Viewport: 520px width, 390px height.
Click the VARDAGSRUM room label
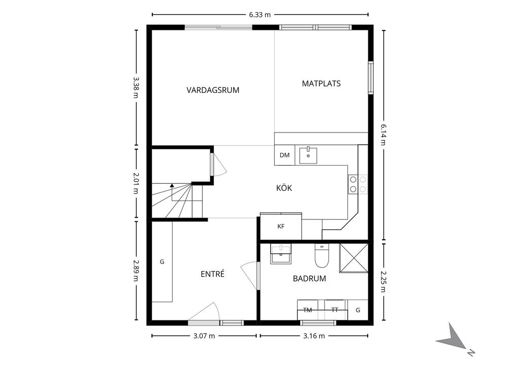(213, 90)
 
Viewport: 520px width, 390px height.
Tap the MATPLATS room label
(321, 83)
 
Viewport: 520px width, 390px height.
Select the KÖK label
(284, 188)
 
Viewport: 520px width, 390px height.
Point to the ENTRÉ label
(212, 274)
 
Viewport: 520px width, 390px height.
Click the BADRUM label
(309, 278)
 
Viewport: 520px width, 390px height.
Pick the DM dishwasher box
(284, 155)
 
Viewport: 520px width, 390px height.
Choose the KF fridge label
(281, 226)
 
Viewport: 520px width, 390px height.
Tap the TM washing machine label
(307, 310)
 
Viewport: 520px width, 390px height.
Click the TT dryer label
(335, 310)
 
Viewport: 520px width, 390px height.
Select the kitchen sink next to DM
(308, 155)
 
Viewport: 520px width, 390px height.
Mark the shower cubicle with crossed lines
(353, 258)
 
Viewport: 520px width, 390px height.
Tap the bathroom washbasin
(281, 253)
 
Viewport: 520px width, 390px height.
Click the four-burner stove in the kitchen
(357, 184)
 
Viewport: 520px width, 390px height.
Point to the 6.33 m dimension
(259, 15)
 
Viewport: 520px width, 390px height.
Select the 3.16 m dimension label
(314, 336)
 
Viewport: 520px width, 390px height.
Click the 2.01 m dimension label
(136, 183)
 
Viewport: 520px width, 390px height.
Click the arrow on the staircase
(172, 186)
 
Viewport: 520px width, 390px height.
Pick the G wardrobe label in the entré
(162, 262)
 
